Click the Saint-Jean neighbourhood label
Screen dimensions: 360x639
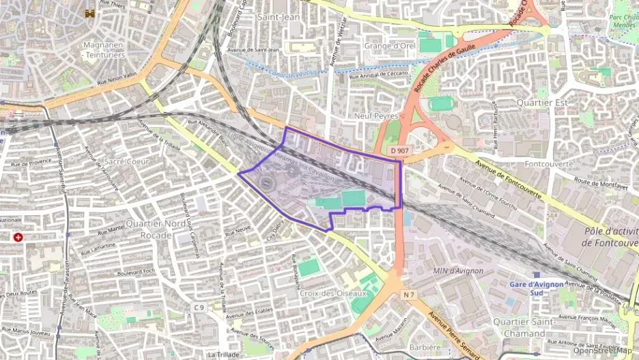(279, 16)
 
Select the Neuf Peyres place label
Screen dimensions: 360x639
(376, 116)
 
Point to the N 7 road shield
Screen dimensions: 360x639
(410, 294)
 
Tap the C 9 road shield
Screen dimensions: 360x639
(199, 307)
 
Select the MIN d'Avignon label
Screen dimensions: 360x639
(458, 271)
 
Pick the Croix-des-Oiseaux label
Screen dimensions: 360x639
(333, 293)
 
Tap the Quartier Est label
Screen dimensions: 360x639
(543, 103)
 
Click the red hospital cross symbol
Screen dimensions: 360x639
(18, 237)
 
